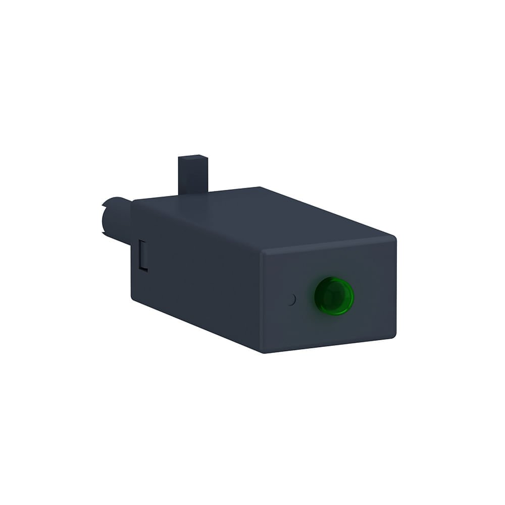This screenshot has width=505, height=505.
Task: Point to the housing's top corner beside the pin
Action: [133, 201]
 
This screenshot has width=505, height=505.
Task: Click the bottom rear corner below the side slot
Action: [132, 301]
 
